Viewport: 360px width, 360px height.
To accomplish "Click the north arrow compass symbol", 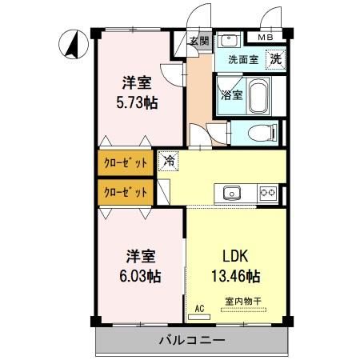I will point(73,45).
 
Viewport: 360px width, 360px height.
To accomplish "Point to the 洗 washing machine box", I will point(275,58).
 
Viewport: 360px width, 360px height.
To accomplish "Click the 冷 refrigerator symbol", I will point(169,161).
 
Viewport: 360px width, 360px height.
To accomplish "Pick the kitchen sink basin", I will point(233,192).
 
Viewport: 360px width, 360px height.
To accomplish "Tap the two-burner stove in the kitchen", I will point(268,192).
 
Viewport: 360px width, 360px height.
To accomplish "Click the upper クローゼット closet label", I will point(126,162).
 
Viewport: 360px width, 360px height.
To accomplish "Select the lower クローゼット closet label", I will point(126,192).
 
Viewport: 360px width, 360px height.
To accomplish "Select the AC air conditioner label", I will point(199,307).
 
